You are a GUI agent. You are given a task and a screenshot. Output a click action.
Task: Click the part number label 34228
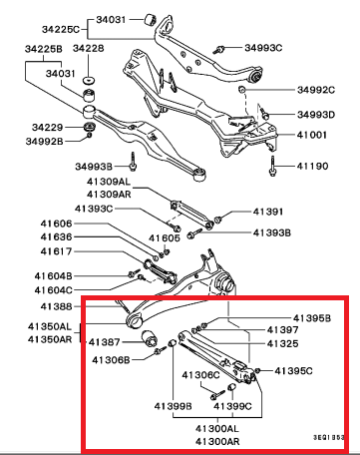click(x=88, y=49)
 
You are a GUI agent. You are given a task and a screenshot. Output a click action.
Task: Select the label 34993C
click(x=263, y=48)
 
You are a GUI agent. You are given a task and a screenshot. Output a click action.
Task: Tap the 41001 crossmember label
click(x=312, y=135)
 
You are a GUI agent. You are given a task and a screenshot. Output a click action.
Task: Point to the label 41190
click(x=312, y=166)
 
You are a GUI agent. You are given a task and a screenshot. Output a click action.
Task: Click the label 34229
click(x=48, y=127)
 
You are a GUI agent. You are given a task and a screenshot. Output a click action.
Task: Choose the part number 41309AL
click(x=109, y=182)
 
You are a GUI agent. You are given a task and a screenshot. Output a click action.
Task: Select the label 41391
click(x=268, y=212)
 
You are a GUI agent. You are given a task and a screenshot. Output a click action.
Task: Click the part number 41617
click(x=56, y=251)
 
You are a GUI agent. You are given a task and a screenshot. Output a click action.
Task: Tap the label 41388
click(x=56, y=306)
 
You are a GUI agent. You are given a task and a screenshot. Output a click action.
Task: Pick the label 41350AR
click(x=50, y=339)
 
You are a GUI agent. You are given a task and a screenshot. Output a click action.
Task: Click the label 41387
click(x=104, y=342)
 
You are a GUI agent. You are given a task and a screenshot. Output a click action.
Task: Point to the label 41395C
click(x=293, y=370)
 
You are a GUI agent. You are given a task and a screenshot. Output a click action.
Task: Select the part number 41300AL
click(x=217, y=428)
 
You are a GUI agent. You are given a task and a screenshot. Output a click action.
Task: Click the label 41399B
click(x=173, y=406)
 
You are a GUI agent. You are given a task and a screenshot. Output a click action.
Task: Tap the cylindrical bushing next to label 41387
click(x=150, y=338)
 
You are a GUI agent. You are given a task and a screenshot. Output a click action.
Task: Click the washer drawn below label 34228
click(x=89, y=81)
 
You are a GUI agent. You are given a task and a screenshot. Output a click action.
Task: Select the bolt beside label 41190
click(x=272, y=167)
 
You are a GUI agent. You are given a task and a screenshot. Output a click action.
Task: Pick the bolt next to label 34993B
click(x=134, y=162)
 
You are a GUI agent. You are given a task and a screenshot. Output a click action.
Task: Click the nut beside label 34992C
click(x=242, y=89)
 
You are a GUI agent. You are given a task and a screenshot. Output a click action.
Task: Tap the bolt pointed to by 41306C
click(x=217, y=395)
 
